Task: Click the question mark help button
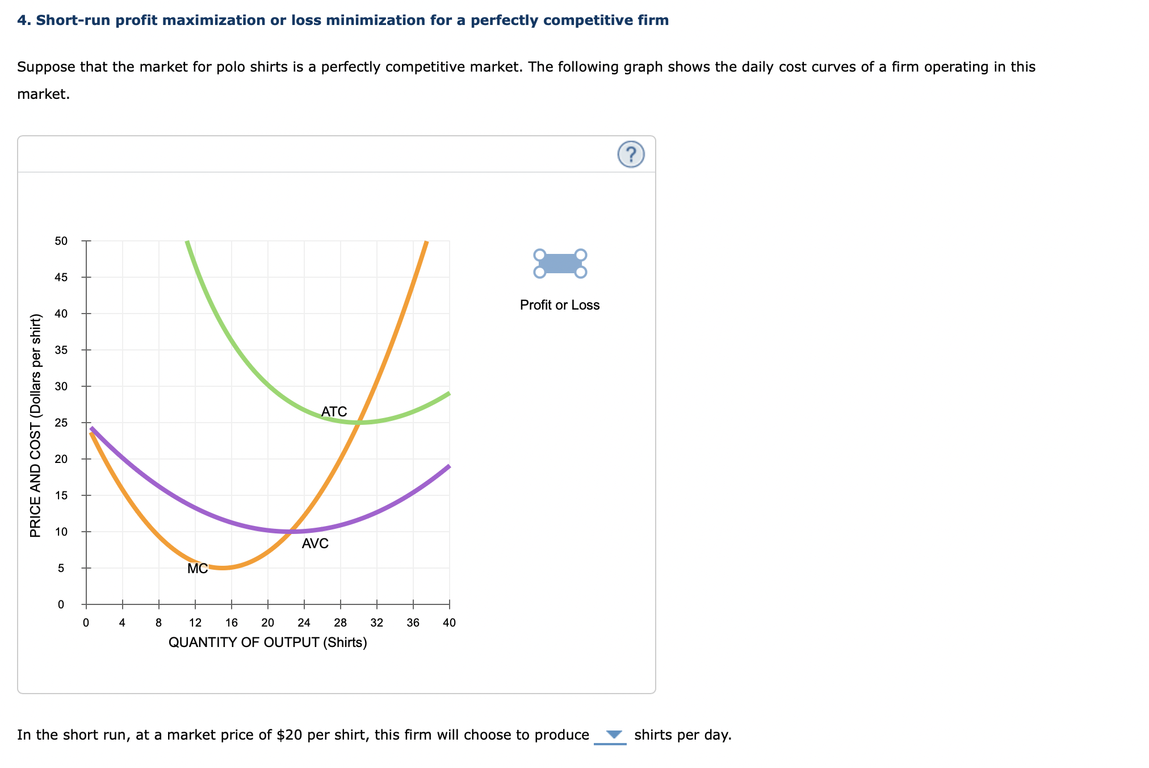pyautogui.click(x=631, y=155)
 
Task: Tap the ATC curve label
pyautogui.click(x=334, y=411)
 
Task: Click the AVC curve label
pyautogui.click(x=315, y=544)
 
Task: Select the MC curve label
pyautogui.click(x=198, y=569)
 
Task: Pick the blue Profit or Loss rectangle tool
pyautogui.click(x=560, y=264)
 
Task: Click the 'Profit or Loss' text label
pyautogui.click(x=560, y=305)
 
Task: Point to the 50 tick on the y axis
pyautogui.click(x=61, y=241)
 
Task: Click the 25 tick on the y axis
pyautogui.click(x=61, y=423)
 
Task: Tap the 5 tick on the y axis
pyautogui.click(x=61, y=568)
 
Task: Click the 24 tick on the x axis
pyautogui.click(x=304, y=623)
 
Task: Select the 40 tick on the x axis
pyautogui.click(x=449, y=623)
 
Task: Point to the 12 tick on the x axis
pyautogui.click(x=195, y=623)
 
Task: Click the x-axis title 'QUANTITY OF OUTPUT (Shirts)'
pyautogui.click(x=268, y=642)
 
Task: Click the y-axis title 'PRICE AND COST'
pyautogui.click(x=36, y=425)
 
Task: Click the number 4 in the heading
pyautogui.click(x=22, y=20)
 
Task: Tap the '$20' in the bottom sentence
pyautogui.click(x=289, y=735)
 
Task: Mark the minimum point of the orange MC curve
pyautogui.click(x=224, y=567)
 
